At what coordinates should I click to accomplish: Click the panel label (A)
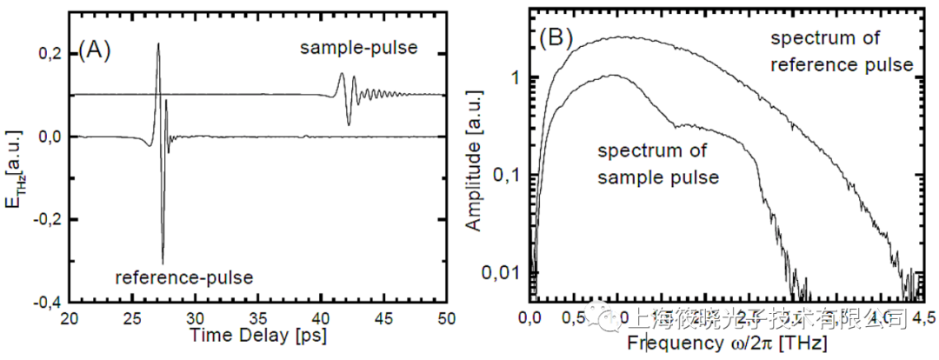pos(94,50)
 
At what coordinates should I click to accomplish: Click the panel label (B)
pos(556,38)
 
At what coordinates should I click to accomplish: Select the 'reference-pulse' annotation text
pos(184,277)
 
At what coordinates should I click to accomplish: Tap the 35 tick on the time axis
pos(259,319)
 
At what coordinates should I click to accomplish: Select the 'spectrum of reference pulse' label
pos(841,51)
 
